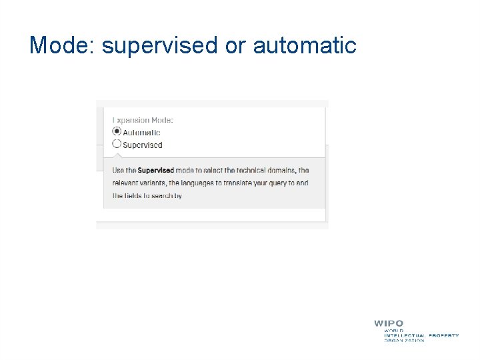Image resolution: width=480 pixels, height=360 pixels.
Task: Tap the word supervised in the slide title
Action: click(x=160, y=46)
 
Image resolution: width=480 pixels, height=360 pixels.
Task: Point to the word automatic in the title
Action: click(x=305, y=46)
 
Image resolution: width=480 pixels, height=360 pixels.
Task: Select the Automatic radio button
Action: click(x=117, y=131)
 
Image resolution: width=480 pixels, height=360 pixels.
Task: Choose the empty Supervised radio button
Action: click(x=117, y=143)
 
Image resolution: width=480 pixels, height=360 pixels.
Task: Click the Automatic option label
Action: click(x=141, y=132)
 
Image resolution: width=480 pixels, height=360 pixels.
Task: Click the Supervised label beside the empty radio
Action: click(x=142, y=145)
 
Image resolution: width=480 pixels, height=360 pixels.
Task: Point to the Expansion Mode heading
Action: click(x=143, y=120)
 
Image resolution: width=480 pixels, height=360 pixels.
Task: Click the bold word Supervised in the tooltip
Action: click(x=155, y=171)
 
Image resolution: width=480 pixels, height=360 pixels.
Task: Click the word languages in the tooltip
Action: click(x=190, y=183)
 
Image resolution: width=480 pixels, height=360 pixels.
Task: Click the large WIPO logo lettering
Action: click(x=389, y=323)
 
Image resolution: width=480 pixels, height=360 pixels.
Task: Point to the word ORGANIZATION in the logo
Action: click(x=404, y=341)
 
